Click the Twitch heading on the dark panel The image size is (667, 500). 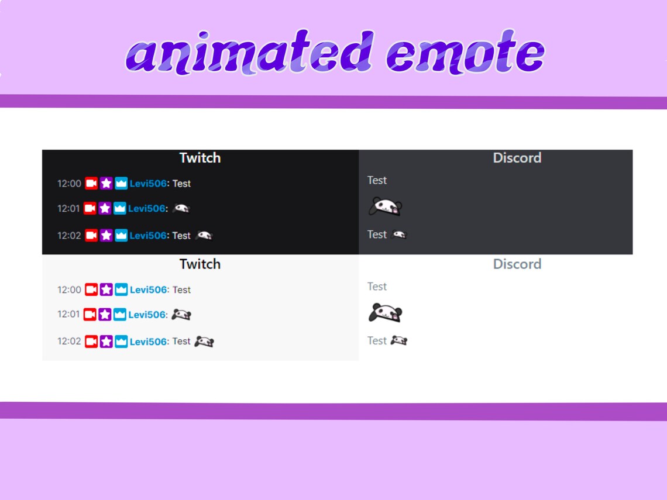(200, 158)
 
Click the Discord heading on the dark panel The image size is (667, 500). (517, 158)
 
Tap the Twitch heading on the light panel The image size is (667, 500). (200, 264)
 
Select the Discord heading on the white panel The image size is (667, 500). (517, 264)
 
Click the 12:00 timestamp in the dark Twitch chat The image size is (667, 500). (69, 184)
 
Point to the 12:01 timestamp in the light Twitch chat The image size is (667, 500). (69, 315)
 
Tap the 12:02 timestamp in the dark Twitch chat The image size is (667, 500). (69, 236)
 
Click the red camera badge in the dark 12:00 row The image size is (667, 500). (91, 184)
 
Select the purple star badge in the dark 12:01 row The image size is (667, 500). (105, 208)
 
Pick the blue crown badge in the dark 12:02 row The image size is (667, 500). (121, 236)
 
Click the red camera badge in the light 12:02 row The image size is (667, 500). (91, 342)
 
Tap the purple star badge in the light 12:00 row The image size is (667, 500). (106, 290)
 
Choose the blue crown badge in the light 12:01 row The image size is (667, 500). (120, 315)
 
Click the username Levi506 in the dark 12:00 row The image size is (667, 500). (148, 184)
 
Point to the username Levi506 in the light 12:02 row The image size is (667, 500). (148, 342)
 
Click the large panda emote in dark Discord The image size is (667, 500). (385, 206)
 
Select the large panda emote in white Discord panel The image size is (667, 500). (385, 313)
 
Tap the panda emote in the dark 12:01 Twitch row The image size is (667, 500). (181, 208)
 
